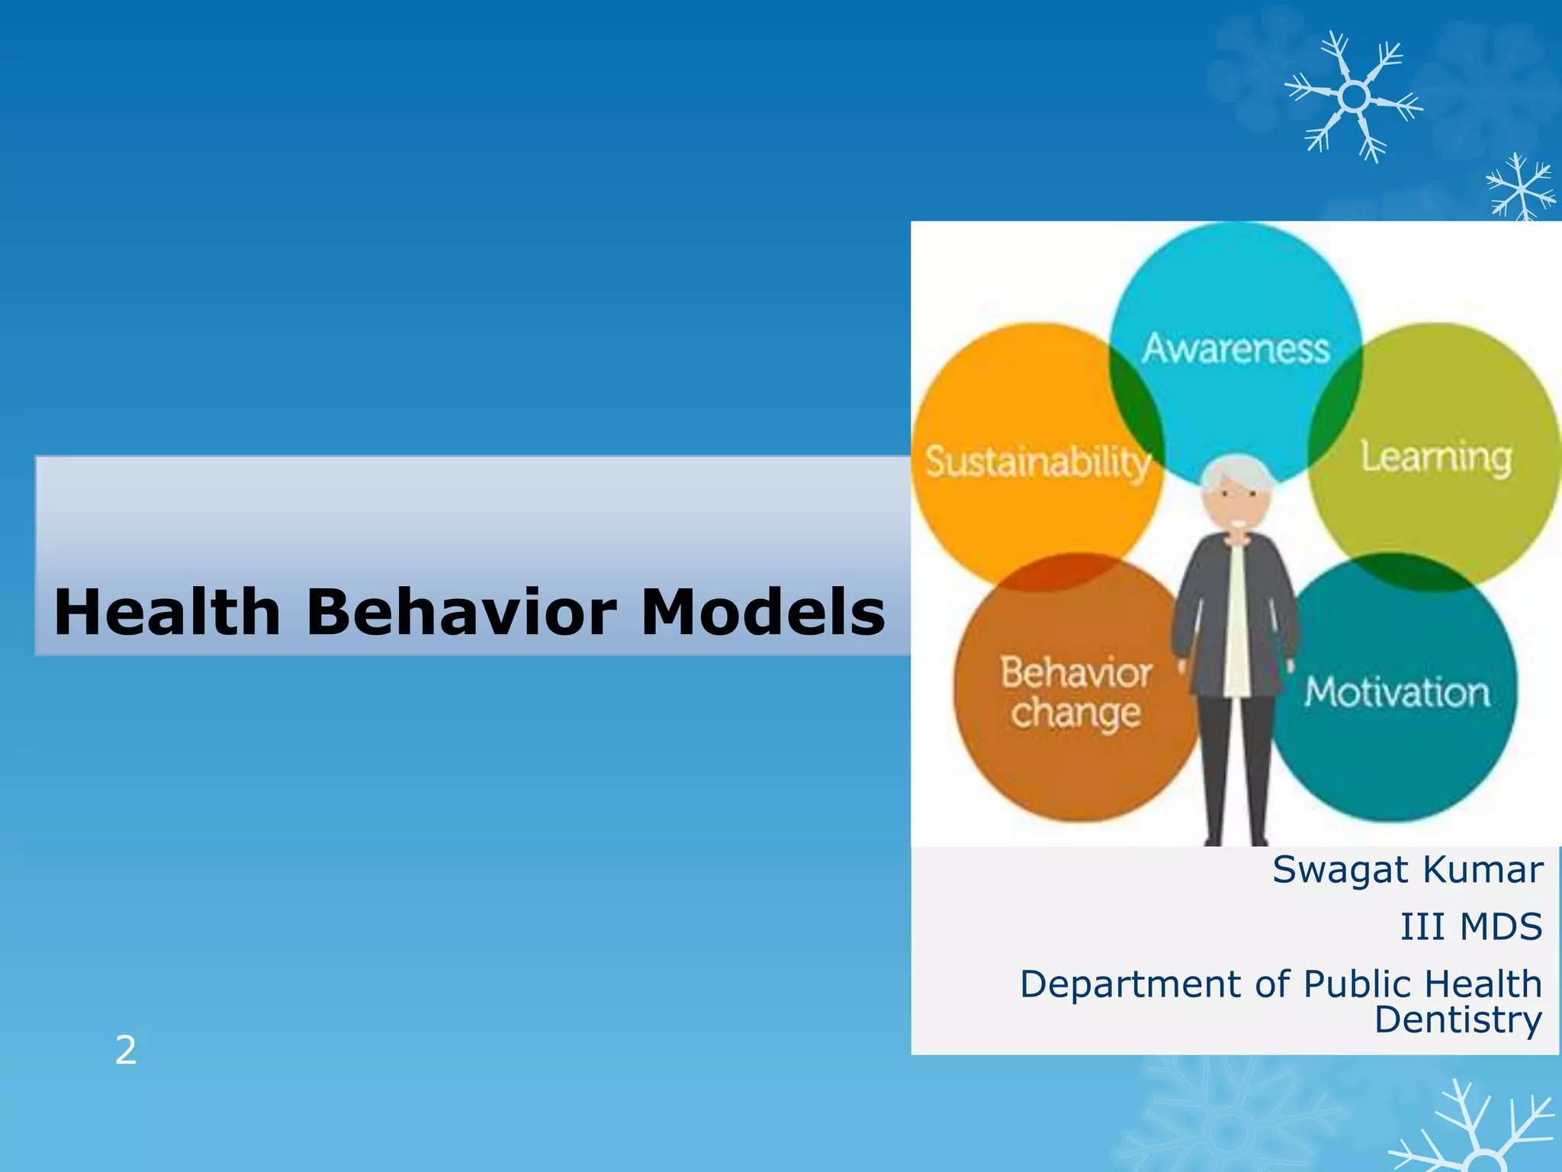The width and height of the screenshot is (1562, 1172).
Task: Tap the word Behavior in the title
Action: [x=461, y=613]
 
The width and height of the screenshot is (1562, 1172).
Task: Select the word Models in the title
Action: [x=762, y=613]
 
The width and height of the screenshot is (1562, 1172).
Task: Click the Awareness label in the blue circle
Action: [x=1236, y=349]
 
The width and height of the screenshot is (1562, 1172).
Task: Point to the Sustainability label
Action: [x=1037, y=462]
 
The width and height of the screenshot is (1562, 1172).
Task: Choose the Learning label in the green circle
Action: [x=1436, y=458]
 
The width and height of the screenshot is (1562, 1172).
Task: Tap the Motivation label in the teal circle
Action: [x=1396, y=693]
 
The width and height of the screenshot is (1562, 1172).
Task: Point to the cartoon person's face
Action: [x=1236, y=507]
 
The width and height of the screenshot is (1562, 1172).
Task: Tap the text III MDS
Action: [x=1470, y=927]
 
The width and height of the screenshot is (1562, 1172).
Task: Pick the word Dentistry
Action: [x=1458, y=1021]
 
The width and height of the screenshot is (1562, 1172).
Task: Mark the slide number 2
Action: [x=126, y=1051]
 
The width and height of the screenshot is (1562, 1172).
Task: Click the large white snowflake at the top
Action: [x=1354, y=98]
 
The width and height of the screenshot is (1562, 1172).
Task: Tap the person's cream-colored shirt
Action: [x=1236, y=618]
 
